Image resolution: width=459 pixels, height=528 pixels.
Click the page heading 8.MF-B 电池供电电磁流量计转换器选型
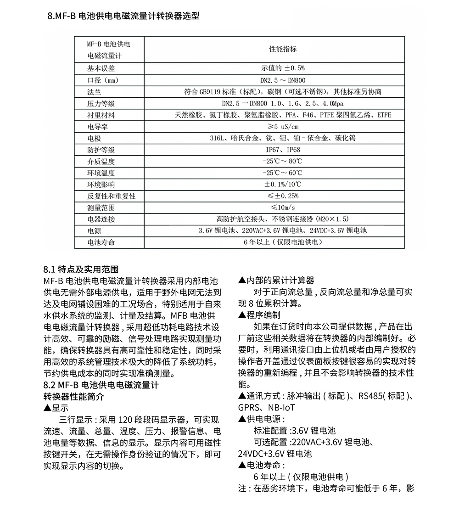click(123, 17)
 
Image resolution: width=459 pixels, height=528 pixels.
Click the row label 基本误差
click(101, 68)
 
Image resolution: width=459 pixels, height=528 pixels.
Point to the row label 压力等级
click(101, 103)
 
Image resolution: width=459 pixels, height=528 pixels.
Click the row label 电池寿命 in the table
click(101, 242)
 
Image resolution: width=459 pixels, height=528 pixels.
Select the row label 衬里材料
click(101, 115)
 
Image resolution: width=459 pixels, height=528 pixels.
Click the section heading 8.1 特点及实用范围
click(81, 269)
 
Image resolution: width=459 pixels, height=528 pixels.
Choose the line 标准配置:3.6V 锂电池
click(294, 431)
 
